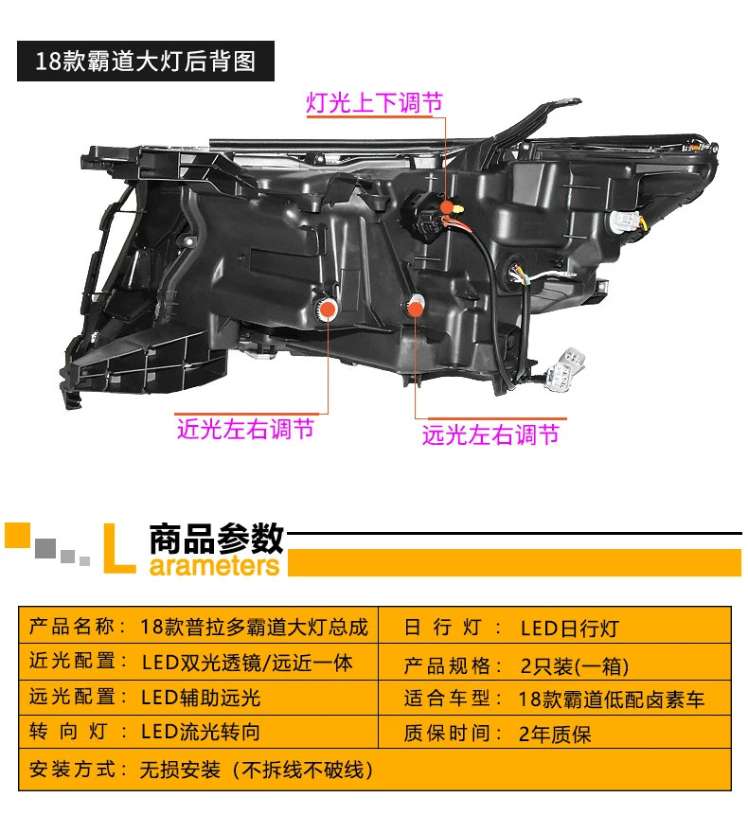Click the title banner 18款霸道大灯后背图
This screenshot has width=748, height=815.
coord(146,62)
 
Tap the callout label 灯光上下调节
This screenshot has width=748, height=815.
coord(374,103)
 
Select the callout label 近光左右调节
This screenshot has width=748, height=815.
coord(245,429)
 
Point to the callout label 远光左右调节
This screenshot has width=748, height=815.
coord(490,434)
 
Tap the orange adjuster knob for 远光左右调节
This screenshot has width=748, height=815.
coord(415,306)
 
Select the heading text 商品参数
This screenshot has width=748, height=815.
coord(217,538)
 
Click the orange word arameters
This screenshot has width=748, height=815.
coord(215,566)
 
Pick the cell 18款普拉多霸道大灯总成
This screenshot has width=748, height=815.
coord(253,627)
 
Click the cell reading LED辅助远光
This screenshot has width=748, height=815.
coord(201,699)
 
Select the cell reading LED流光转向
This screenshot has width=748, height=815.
coord(201,732)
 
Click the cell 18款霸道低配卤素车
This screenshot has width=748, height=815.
coord(613,700)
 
